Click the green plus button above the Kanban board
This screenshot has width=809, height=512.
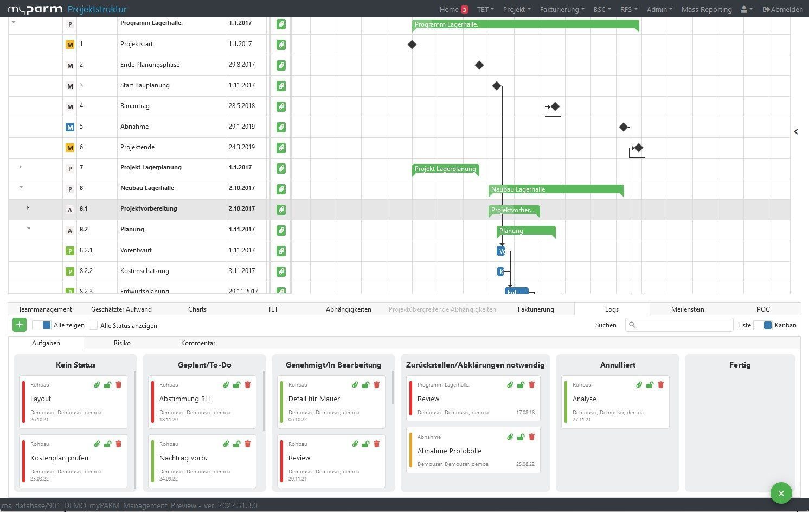click(20, 325)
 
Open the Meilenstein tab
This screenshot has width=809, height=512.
click(687, 309)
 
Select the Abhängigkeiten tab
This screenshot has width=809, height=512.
click(348, 309)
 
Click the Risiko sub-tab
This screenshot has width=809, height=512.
click(122, 343)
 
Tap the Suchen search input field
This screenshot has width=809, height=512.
click(679, 325)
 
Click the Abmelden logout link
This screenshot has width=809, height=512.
click(782, 9)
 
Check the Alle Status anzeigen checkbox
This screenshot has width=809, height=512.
click(93, 325)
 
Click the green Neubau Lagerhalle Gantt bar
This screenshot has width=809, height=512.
click(556, 189)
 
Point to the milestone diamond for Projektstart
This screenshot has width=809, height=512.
click(412, 45)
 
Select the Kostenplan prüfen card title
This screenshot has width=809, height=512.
click(59, 458)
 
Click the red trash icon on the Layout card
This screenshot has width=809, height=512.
click(119, 385)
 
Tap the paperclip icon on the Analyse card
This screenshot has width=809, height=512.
click(639, 385)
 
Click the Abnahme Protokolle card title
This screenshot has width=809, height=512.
click(449, 451)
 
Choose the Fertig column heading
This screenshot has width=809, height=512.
click(740, 365)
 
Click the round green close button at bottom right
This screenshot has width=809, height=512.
click(781, 493)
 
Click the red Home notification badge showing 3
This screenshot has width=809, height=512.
click(465, 10)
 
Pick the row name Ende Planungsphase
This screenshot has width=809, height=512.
click(150, 65)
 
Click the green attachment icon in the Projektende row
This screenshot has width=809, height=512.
click(281, 148)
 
